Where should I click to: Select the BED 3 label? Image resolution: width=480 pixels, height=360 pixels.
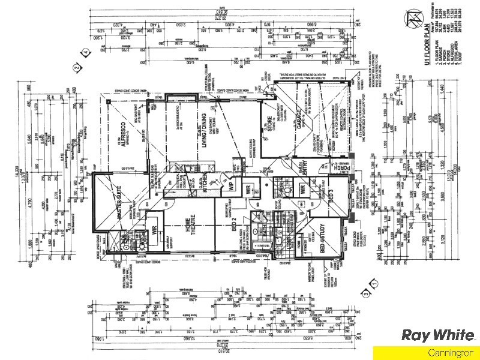tap(329, 195)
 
